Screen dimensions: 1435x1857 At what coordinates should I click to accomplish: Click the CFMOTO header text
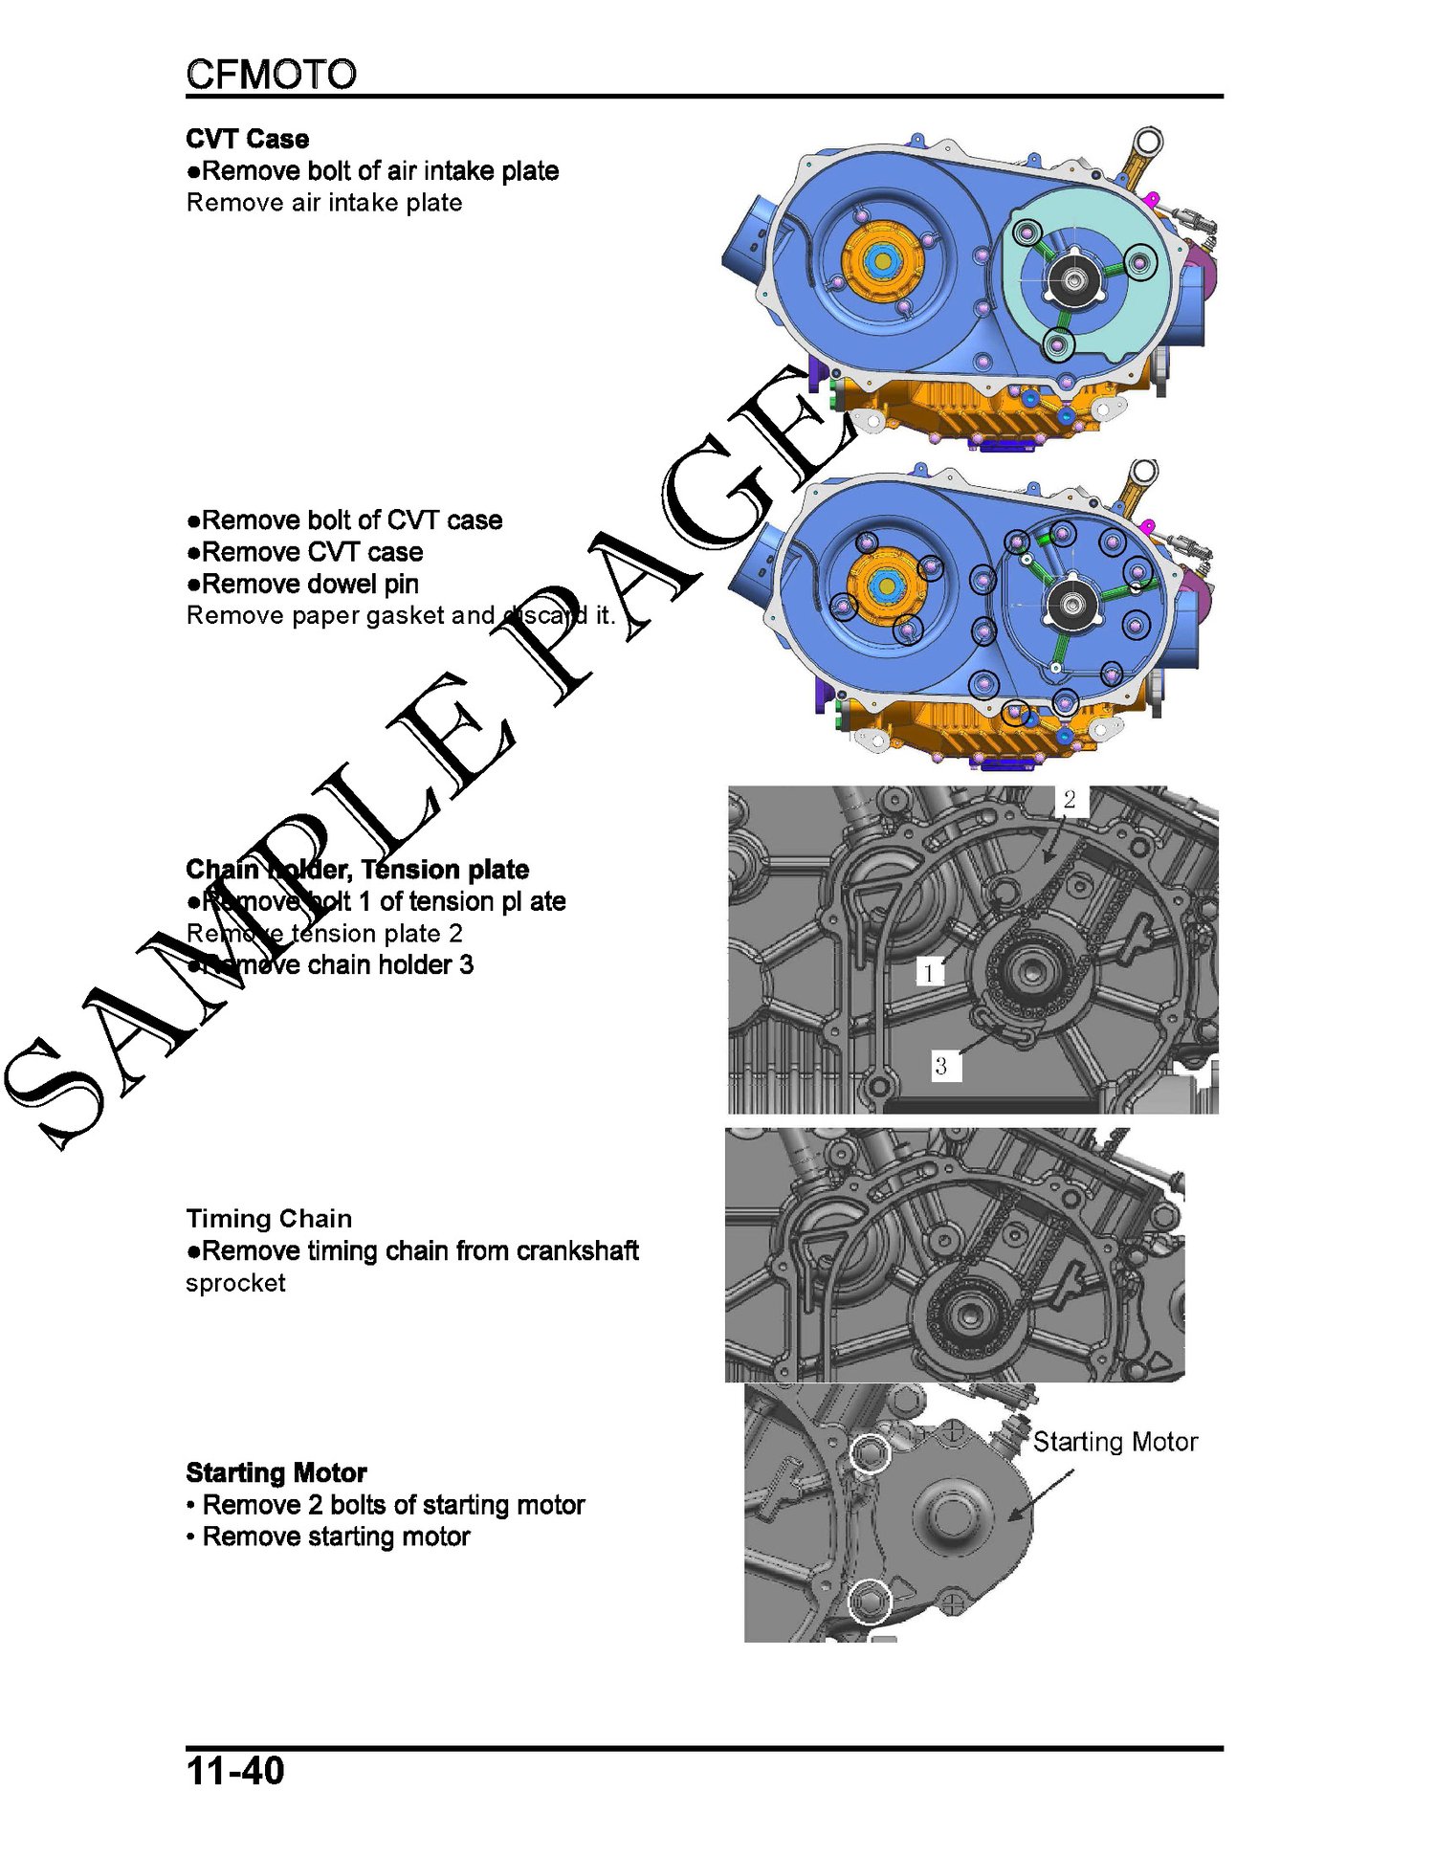coord(271,74)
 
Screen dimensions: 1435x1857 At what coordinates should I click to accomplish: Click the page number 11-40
coord(235,1771)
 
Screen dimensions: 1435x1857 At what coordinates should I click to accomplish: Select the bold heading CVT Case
coord(248,139)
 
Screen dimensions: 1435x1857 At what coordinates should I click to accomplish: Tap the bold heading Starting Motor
coord(276,1472)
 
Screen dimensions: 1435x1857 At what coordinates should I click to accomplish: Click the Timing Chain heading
coord(269,1218)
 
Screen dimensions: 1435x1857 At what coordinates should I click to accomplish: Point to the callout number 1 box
coord(928,972)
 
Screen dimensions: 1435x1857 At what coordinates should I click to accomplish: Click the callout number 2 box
coord(1070,799)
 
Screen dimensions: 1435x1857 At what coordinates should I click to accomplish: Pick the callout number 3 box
coord(941,1066)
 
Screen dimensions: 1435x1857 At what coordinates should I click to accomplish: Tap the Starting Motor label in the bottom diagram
coord(1115,1442)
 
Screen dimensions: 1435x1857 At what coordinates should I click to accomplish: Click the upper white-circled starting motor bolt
coord(871,1453)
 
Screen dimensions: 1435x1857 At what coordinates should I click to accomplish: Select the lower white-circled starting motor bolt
coord(871,1601)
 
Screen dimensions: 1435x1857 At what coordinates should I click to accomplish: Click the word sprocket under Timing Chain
coord(235,1284)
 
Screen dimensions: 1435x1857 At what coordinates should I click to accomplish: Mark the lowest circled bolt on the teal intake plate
coord(1058,344)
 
